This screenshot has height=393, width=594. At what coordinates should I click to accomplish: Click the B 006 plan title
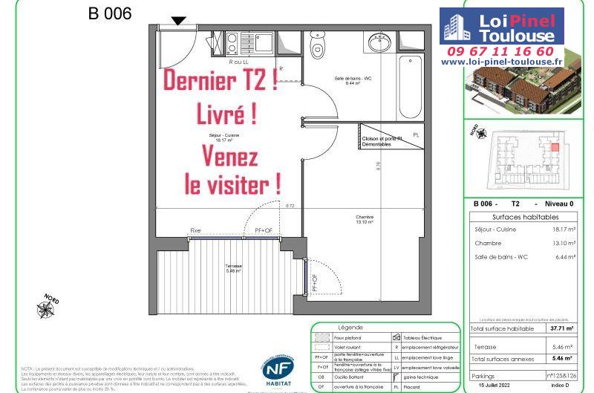[x=110, y=13]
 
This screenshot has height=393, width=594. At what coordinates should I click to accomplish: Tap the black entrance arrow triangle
[x=178, y=21]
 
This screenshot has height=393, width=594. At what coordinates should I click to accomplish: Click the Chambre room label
[x=363, y=218]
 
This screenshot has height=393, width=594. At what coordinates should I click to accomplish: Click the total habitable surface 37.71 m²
[x=561, y=328]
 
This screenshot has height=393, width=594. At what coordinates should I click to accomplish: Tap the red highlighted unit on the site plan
[x=554, y=147]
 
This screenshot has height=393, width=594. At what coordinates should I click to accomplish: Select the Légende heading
[x=350, y=327]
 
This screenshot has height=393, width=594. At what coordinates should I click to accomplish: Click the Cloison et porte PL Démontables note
[x=382, y=142]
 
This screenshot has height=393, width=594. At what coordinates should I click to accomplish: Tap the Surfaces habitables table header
[x=525, y=217]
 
